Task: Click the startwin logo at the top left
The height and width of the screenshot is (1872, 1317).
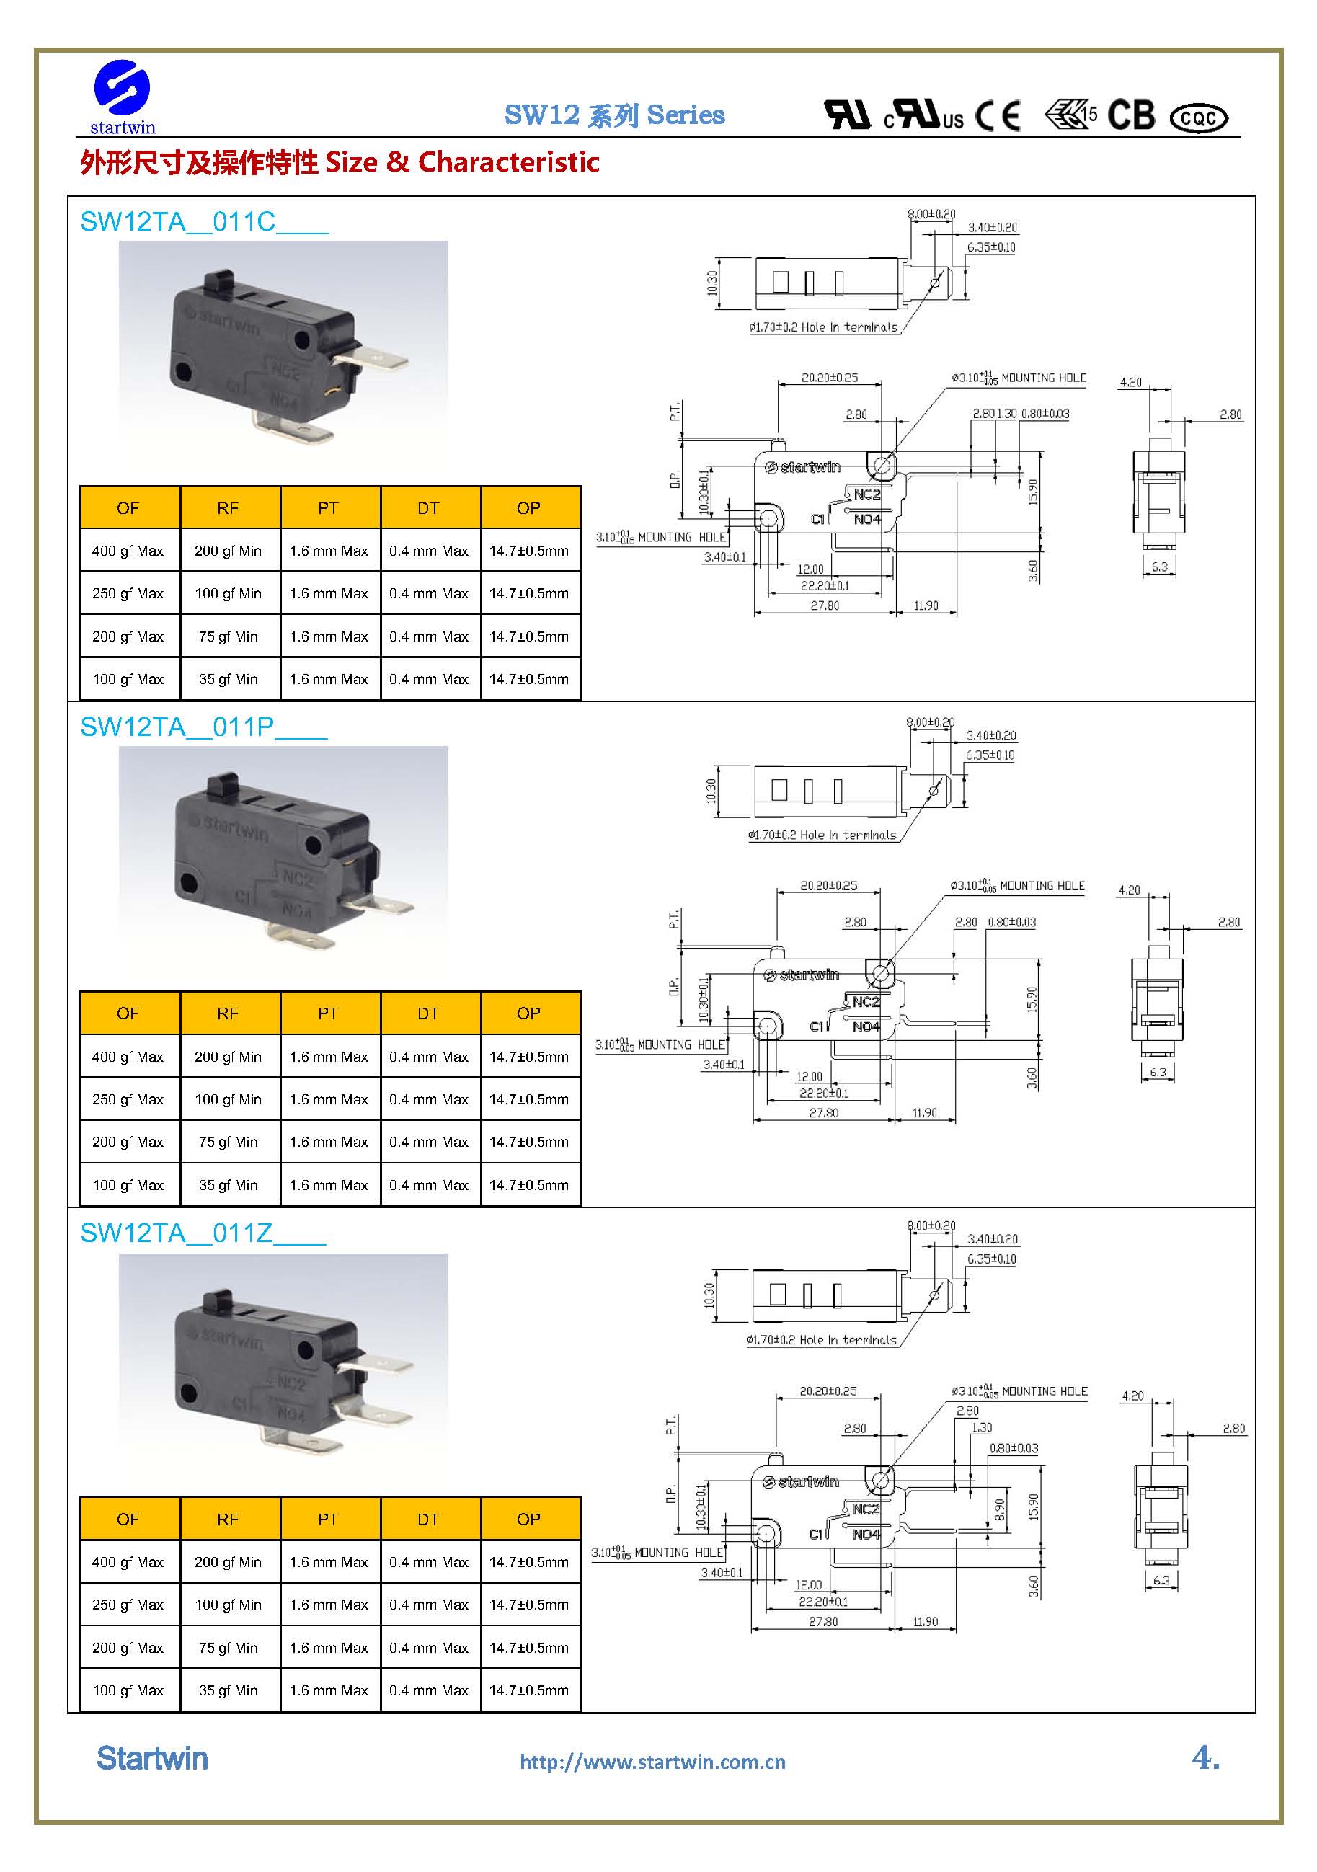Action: tap(123, 96)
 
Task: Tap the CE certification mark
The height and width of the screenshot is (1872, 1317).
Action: tap(998, 116)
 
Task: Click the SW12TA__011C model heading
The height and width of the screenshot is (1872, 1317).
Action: tap(204, 222)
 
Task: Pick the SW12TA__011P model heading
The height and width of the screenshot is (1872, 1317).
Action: tap(203, 727)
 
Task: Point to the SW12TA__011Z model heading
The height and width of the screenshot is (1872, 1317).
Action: tap(203, 1233)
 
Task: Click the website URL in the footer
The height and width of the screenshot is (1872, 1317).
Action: tap(652, 1762)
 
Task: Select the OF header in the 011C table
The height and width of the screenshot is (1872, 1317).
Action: tap(128, 508)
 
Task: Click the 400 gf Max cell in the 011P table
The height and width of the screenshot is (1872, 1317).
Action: tap(128, 1057)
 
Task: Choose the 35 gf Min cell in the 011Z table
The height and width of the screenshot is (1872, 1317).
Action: tap(229, 1690)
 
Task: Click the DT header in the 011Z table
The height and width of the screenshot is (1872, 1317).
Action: tap(428, 1519)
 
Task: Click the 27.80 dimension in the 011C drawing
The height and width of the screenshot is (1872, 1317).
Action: tap(825, 605)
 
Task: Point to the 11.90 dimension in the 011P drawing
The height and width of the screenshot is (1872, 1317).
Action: tap(924, 1113)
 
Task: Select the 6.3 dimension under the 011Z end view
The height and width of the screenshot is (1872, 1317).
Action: tap(1161, 1580)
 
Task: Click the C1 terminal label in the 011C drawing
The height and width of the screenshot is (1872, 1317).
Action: tap(818, 520)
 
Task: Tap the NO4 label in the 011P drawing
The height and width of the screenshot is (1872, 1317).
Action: tap(866, 1026)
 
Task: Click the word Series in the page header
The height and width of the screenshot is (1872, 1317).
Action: tap(685, 115)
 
